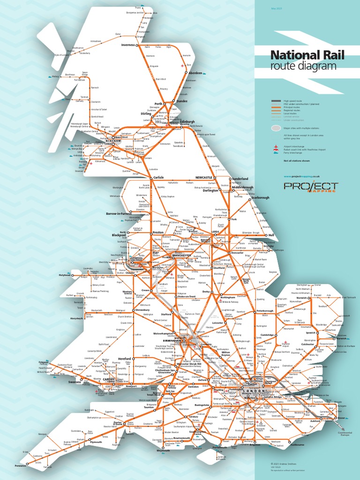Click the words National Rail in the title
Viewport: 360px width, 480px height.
tap(307, 55)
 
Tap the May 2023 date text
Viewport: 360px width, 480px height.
tap(277, 9)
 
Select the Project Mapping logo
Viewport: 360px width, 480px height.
tap(310, 187)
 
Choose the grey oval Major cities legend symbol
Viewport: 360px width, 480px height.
tap(276, 128)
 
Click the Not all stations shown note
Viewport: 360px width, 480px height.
tap(296, 161)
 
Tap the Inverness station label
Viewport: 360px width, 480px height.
tap(127, 45)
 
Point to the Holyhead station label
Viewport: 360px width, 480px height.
tap(64, 275)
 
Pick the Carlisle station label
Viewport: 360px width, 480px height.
tap(158, 178)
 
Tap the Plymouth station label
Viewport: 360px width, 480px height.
tap(96, 442)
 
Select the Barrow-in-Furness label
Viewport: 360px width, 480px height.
tap(119, 213)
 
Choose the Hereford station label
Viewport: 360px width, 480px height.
tap(124, 359)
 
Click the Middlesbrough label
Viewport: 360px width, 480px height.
tap(242, 187)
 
